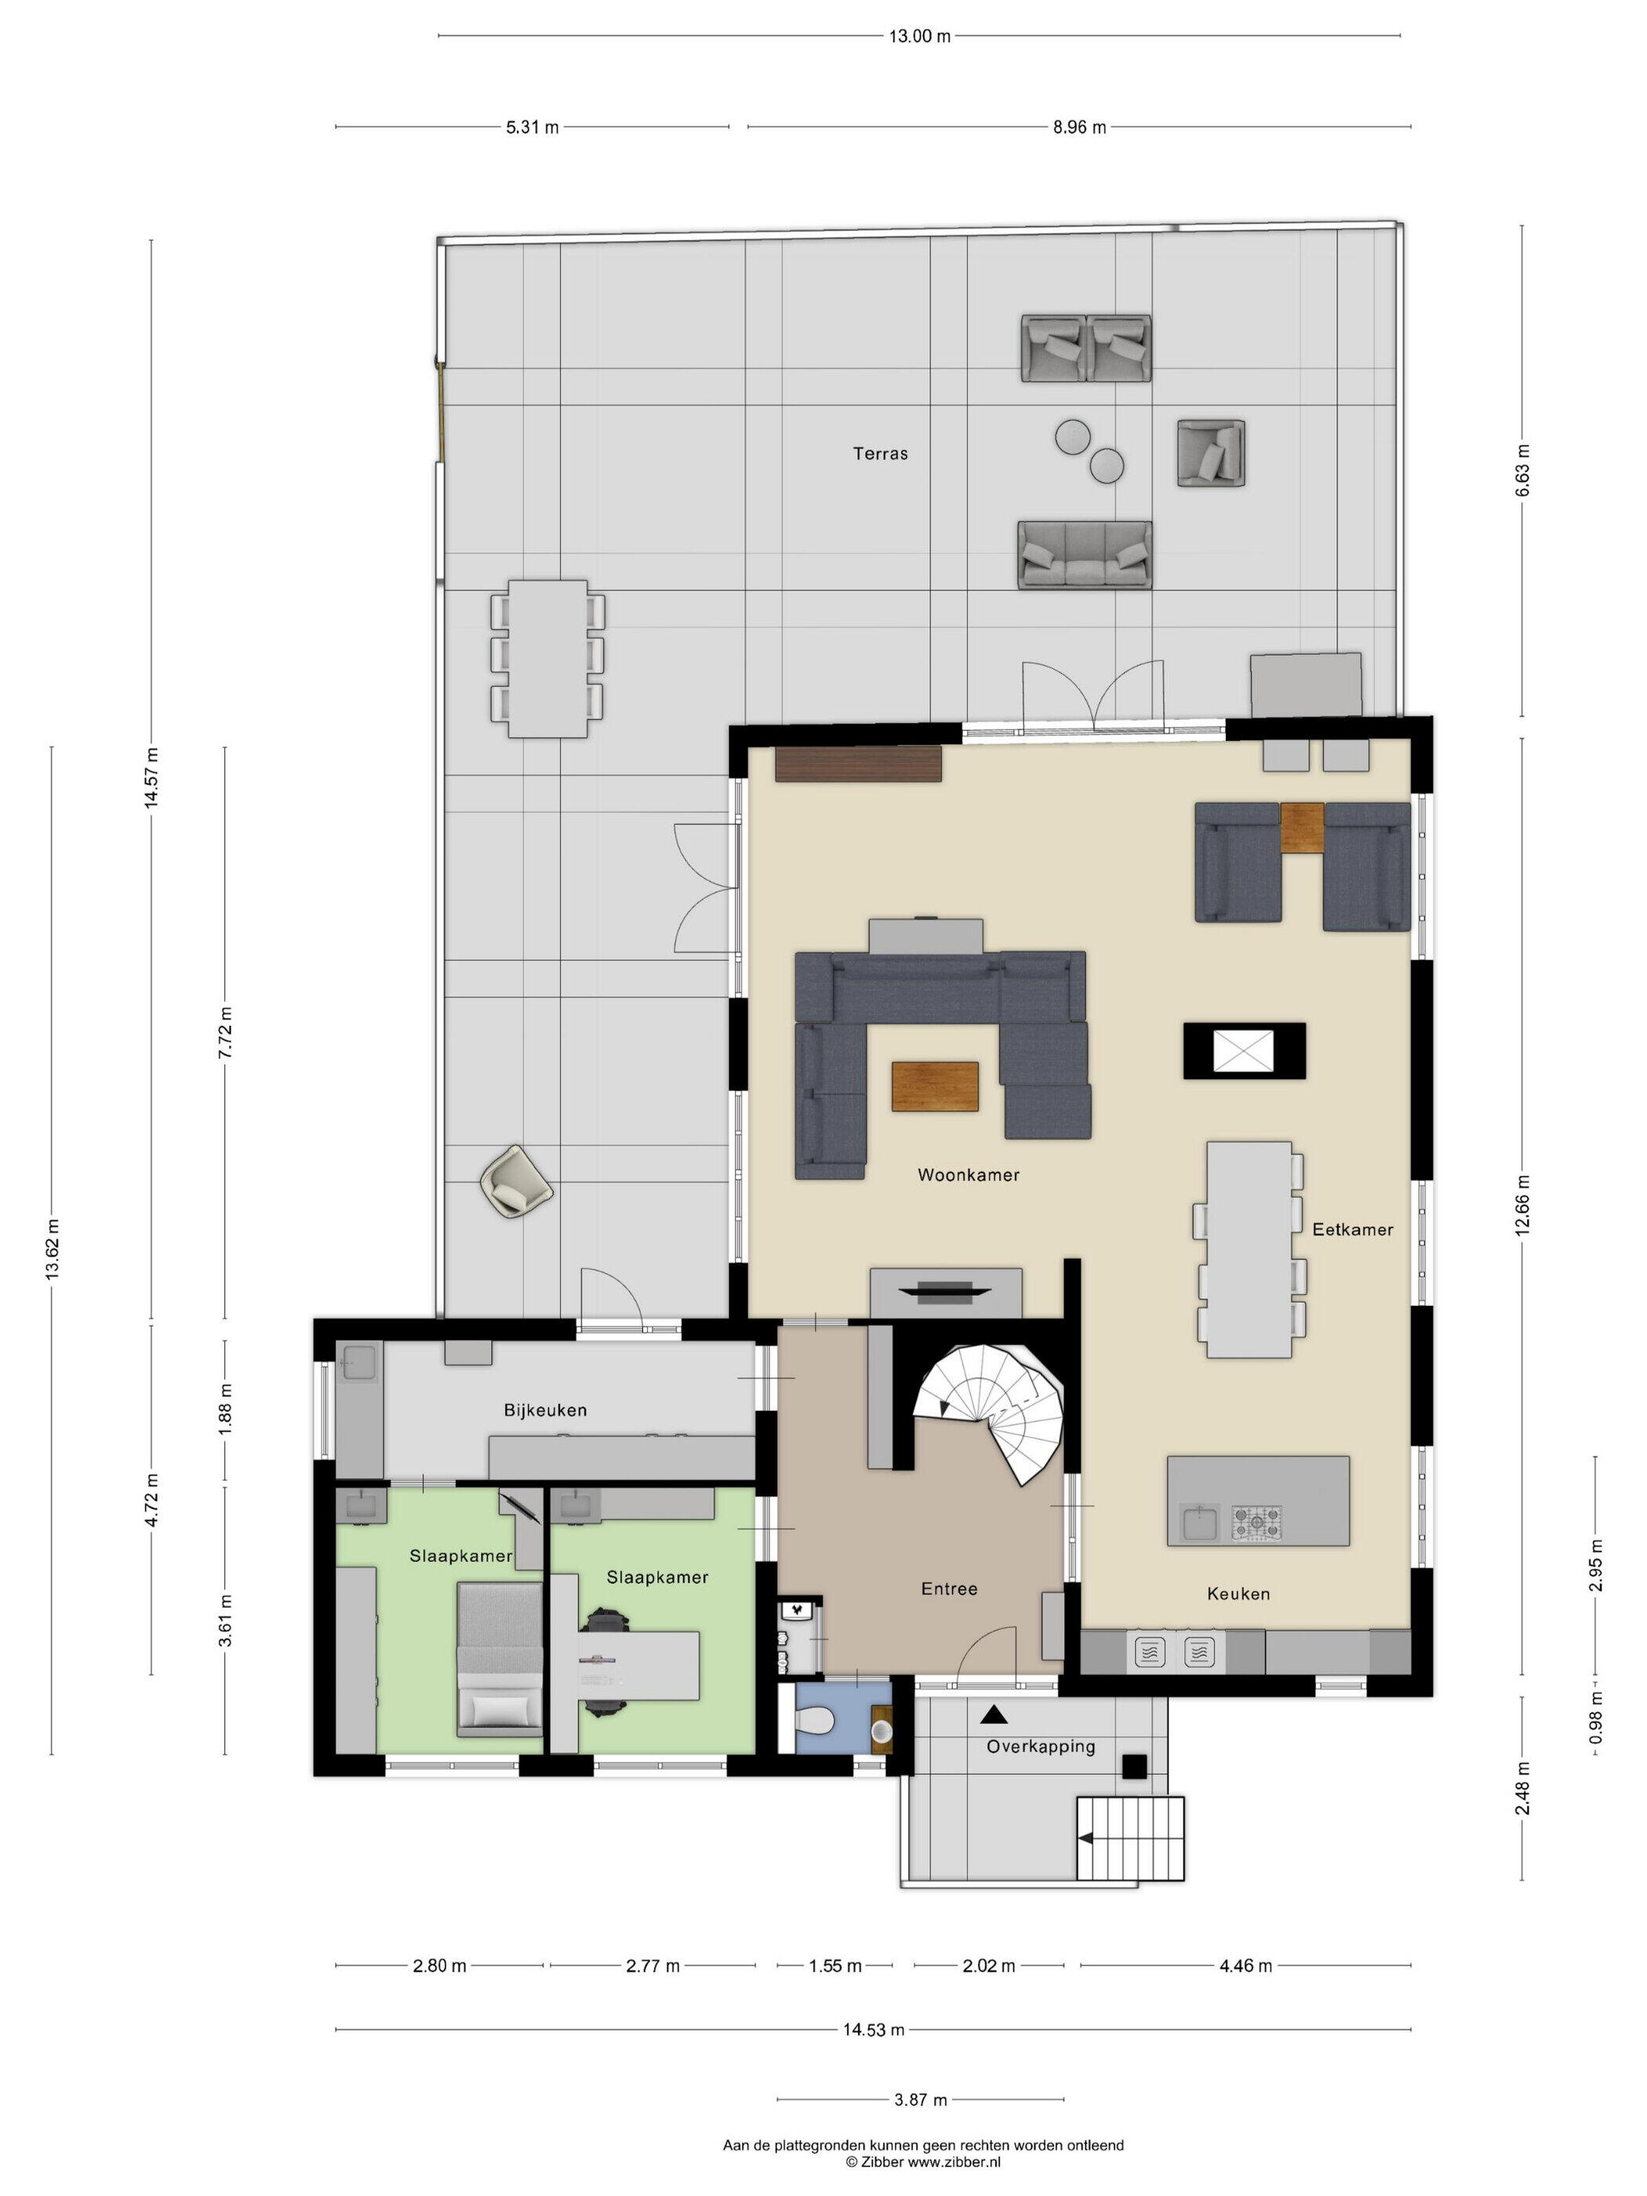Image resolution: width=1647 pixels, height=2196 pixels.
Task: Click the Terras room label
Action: tap(880, 453)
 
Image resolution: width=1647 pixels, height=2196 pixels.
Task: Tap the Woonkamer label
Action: tap(968, 1174)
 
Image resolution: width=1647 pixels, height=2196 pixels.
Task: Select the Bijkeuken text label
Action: tap(545, 1409)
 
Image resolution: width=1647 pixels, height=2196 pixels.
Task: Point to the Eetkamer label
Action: tap(1352, 1229)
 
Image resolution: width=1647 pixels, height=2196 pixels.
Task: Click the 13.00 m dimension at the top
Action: tap(919, 37)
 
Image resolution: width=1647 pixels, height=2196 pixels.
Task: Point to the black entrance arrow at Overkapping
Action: tap(994, 1714)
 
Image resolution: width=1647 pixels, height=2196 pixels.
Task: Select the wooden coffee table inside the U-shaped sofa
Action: tap(935, 1086)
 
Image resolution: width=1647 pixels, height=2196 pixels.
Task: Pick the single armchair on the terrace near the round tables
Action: tap(1211, 453)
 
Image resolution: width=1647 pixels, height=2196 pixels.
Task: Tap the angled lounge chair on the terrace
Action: tap(516, 1180)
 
